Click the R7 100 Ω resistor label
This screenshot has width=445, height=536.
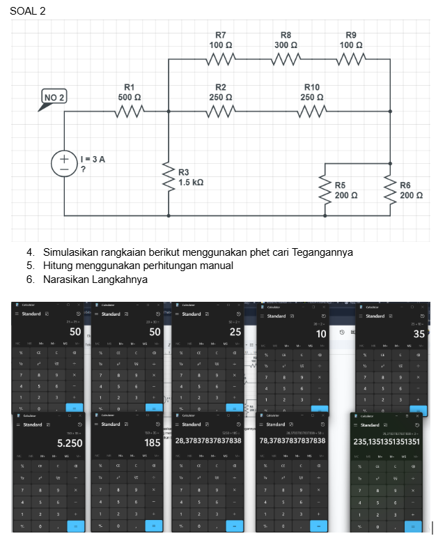click(x=220, y=40)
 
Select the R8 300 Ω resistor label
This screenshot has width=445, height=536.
click(x=286, y=40)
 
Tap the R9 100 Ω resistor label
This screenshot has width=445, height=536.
click(x=351, y=40)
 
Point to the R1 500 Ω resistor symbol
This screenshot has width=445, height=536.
click(x=130, y=109)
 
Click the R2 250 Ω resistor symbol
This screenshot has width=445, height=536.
click(x=220, y=109)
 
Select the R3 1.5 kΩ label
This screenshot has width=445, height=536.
click(x=190, y=177)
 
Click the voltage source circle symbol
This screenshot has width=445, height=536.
click(x=64, y=164)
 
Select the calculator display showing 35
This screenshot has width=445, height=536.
click(x=418, y=334)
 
